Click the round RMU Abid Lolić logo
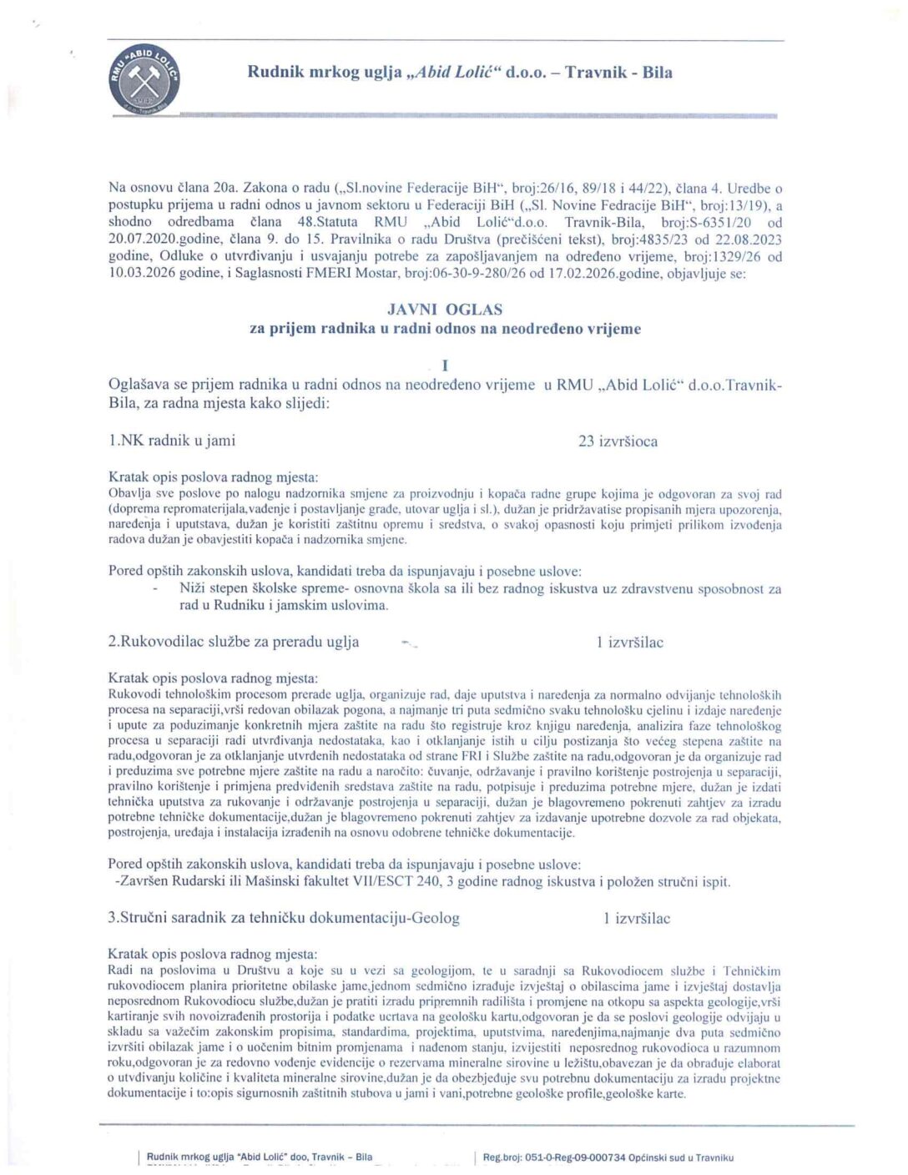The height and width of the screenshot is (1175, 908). point(144,81)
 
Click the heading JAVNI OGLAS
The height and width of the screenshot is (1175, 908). point(445,310)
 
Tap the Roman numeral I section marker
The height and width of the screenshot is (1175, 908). point(445,366)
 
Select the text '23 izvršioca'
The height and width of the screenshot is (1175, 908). point(618,441)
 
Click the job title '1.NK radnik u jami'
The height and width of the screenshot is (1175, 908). point(172,441)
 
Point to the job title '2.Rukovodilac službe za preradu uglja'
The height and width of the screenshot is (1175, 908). point(234,642)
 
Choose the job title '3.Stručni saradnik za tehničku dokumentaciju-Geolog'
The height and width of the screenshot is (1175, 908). point(284,918)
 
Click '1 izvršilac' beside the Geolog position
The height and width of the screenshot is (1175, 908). point(637,919)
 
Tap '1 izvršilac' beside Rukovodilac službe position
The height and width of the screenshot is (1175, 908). point(630,643)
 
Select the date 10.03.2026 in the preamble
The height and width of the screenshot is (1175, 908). point(143,274)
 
